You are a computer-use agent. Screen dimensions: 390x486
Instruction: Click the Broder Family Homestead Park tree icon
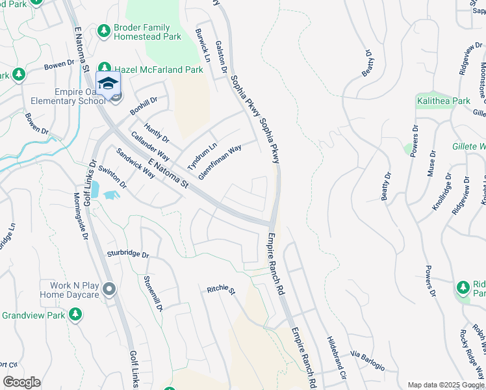[104, 31]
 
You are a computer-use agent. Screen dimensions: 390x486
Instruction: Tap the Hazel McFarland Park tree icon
[105, 69]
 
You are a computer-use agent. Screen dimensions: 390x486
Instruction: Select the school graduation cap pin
[108, 83]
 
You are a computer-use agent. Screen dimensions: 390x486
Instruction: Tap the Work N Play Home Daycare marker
[109, 288]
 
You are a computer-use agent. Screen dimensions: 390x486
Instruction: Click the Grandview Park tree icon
[75, 315]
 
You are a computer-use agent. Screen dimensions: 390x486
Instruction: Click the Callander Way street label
[150, 148]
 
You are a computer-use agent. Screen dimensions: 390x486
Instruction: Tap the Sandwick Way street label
[135, 164]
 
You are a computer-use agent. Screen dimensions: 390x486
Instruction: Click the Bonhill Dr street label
[144, 107]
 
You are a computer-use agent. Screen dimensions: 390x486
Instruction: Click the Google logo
[21, 382]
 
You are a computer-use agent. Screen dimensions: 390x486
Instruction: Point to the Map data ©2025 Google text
[446, 385]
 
